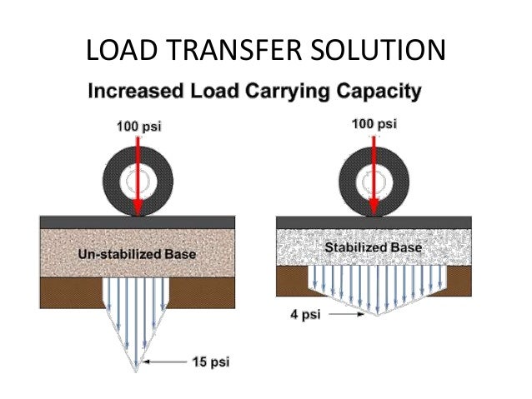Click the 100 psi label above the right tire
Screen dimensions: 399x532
point(374,125)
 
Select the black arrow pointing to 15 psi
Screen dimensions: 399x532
point(170,362)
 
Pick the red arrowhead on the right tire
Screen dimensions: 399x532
point(374,205)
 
